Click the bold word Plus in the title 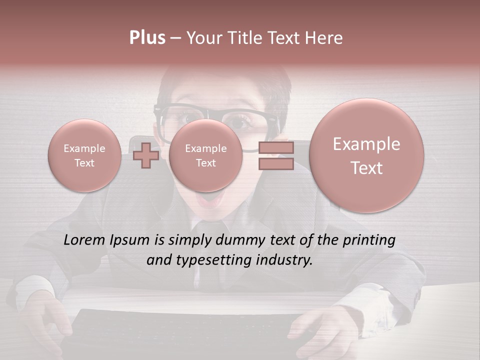tap(147, 38)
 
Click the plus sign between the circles tap(146, 155)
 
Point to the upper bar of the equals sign tap(275, 147)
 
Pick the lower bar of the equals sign tap(275, 164)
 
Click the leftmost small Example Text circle tap(84, 155)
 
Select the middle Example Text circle tap(205, 155)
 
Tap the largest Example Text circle tap(366, 155)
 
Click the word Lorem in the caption tap(84, 240)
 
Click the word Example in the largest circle tap(366, 144)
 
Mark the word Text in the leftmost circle tap(84, 163)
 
